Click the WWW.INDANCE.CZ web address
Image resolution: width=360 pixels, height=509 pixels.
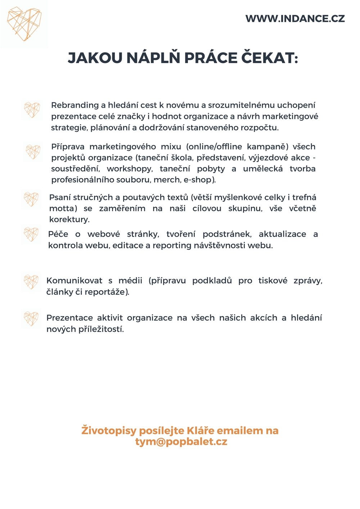[295, 19]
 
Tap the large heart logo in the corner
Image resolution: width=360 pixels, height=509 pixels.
[24, 24]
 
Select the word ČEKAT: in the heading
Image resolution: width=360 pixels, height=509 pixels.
[269, 58]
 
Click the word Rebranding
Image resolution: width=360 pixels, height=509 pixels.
[75, 105]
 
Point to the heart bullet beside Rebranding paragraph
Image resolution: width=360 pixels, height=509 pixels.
[32, 109]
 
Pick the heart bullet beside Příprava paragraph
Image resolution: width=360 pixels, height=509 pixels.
[33, 152]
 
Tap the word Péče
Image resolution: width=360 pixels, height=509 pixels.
[58, 234]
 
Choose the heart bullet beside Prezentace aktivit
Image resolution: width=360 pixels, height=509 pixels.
[31, 319]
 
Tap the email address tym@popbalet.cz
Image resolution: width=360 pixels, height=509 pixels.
[181, 442]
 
